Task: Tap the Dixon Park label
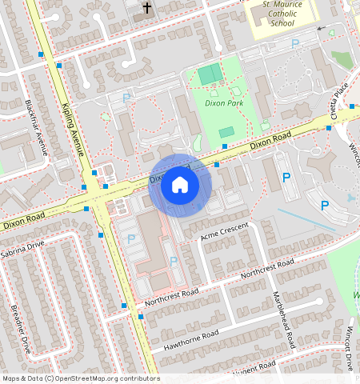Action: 223,103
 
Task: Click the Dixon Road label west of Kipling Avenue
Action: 22,217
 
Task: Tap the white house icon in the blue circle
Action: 180,186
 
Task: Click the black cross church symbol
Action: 146,9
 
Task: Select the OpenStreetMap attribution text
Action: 81,378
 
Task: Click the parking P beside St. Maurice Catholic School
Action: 295,44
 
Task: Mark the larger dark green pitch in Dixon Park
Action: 210,75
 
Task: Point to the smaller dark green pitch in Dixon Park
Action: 226,132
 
